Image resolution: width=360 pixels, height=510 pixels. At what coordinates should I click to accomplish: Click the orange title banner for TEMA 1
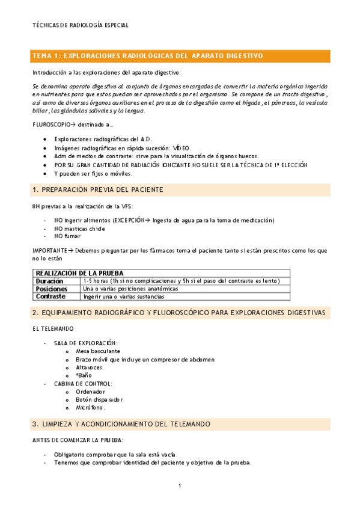pos(180,56)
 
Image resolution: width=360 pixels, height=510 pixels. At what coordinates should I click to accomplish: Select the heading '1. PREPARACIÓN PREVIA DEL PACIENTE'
pos(97,190)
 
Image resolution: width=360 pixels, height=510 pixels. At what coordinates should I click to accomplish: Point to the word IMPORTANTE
pos(48,250)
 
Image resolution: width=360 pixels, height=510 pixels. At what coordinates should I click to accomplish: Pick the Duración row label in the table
pos(49,281)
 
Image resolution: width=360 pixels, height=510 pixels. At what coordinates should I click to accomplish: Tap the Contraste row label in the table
pos(50,296)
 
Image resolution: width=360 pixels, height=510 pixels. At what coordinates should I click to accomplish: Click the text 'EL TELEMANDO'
pos(53,328)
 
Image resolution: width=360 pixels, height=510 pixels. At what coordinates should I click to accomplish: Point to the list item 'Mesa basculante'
pos(98,351)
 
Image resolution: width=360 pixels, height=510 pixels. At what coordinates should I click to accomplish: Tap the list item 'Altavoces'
pos(89,367)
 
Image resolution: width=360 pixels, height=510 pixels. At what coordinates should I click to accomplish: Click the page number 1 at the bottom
pos(180,485)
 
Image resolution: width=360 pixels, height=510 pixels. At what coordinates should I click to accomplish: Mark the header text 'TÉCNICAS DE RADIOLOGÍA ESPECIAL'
pos(80,25)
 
